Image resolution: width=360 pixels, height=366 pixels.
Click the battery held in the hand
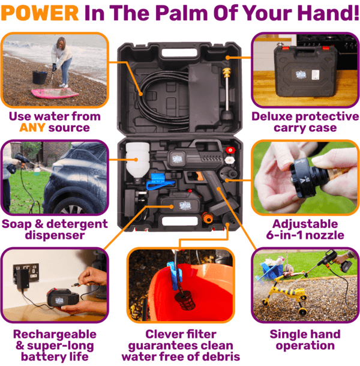tap(60, 298)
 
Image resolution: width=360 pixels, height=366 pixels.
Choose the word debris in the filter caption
tap(209, 358)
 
